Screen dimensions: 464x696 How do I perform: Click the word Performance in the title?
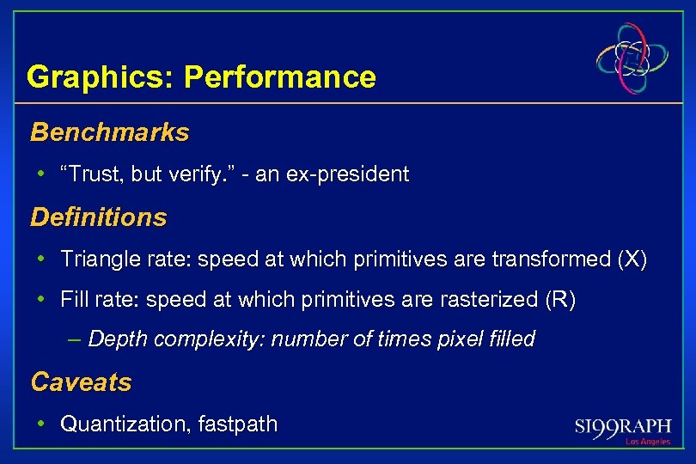[279, 77]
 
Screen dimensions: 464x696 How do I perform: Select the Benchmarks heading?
[109, 132]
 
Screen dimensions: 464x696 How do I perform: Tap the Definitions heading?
[98, 217]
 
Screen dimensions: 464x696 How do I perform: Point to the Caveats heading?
[81, 382]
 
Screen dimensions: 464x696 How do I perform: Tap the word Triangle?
[94, 259]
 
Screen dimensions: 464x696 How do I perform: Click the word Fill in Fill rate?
[74, 300]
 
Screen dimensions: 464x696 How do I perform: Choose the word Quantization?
[115, 424]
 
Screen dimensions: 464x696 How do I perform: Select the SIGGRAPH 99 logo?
[622, 425]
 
